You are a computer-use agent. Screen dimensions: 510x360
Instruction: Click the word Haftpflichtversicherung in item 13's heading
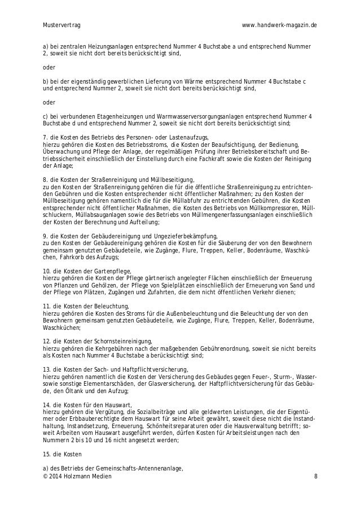(x=146, y=368)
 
